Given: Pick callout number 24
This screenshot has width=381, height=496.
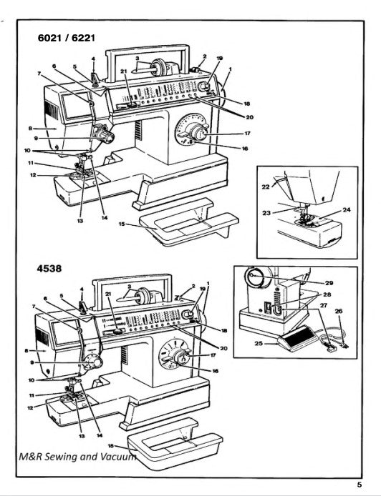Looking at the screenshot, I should click(x=347, y=210).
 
